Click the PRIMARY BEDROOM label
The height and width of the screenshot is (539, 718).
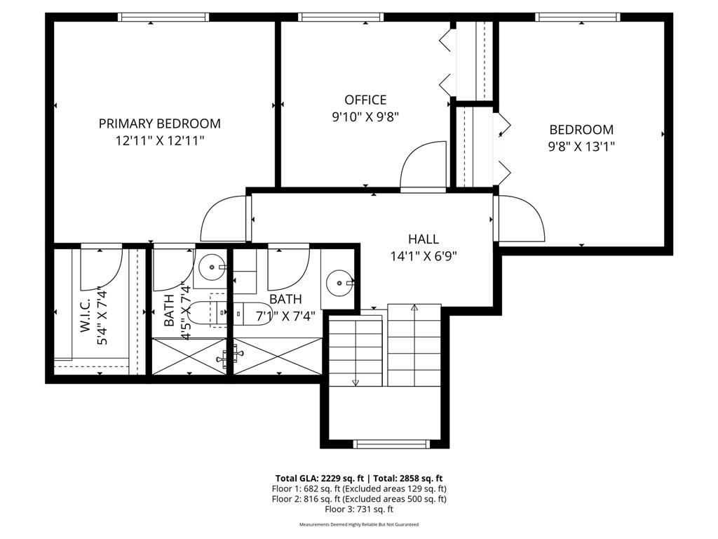click(x=159, y=124)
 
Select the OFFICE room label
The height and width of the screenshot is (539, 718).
click(x=365, y=100)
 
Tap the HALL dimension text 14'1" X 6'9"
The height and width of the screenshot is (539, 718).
click(x=424, y=256)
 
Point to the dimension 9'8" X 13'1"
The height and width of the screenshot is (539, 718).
click(x=581, y=147)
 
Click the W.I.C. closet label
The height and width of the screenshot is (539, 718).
click(x=86, y=316)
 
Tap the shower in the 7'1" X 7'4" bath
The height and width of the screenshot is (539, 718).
click(x=278, y=357)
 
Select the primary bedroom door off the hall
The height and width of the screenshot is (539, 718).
click(x=224, y=218)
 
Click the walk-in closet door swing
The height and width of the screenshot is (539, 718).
click(x=100, y=268)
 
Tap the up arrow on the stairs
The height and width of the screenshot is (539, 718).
click(x=414, y=307)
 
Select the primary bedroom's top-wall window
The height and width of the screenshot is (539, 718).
click(x=165, y=18)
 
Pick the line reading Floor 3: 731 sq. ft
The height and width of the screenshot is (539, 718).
click(x=358, y=509)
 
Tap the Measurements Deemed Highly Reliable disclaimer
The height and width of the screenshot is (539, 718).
click(x=358, y=525)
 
